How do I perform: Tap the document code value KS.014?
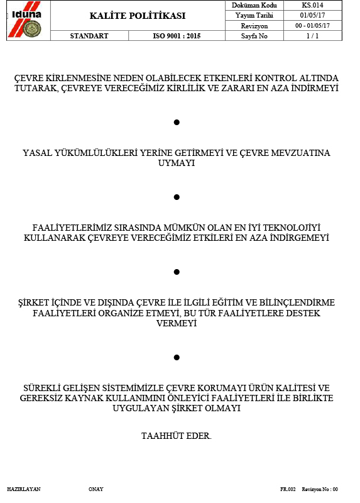click(x=312, y=5)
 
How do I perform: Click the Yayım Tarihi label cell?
click(x=254, y=15)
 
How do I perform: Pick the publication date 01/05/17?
click(x=312, y=15)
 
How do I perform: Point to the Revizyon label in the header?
click(x=254, y=26)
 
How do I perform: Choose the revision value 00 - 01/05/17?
click(x=312, y=26)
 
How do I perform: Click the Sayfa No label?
click(x=254, y=36)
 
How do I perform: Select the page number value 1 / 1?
click(x=312, y=36)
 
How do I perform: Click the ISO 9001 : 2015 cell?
click(x=177, y=36)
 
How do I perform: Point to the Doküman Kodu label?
click(x=254, y=5)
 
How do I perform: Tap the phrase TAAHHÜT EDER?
click(x=176, y=435)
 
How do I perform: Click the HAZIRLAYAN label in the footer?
click(x=24, y=489)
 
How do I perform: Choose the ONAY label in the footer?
click(x=96, y=489)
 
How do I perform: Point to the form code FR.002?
click(x=288, y=489)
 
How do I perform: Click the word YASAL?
click(x=36, y=153)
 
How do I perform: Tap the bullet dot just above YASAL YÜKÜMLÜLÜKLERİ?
click(x=177, y=121)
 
